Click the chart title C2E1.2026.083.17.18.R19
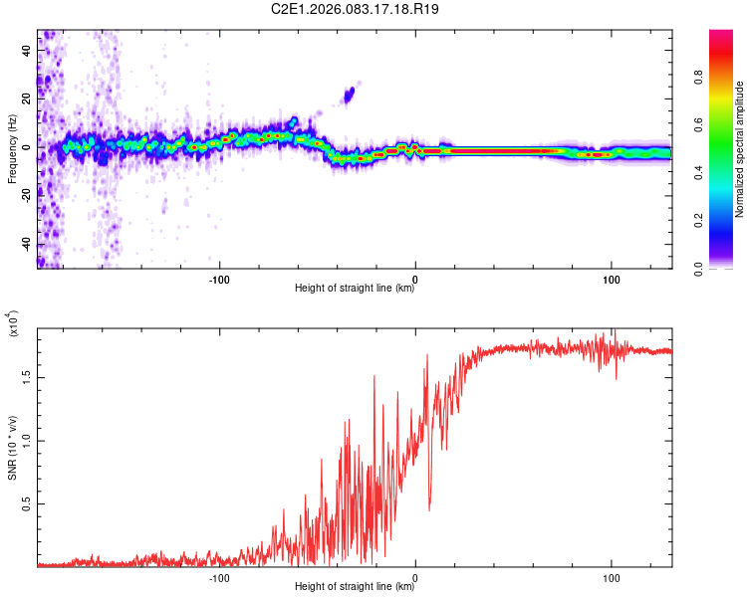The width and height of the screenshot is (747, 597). click(355, 9)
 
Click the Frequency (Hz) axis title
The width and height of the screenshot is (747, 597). click(12, 147)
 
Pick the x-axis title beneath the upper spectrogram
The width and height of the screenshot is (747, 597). click(355, 289)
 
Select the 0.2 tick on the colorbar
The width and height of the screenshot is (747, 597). click(728, 221)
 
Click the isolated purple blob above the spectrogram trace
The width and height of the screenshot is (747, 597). click(349, 96)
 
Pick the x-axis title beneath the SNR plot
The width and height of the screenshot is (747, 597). click(355, 587)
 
